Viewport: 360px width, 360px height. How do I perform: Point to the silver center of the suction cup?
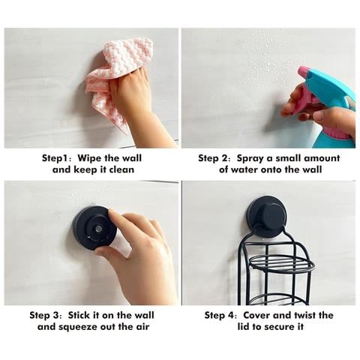[99, 228]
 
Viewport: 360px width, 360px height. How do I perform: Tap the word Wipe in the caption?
[89, 158]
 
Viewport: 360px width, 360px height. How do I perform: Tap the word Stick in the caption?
[79, 315]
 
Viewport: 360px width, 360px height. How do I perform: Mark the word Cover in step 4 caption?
[256, 315]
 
